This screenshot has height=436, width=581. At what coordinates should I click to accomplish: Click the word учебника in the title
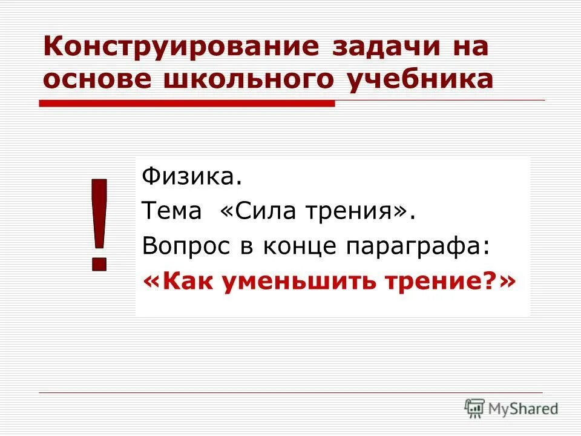420,80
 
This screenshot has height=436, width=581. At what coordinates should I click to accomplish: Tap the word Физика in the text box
187,177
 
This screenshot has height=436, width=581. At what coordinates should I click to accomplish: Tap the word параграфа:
416,246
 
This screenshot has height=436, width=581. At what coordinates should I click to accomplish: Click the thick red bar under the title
187,104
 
